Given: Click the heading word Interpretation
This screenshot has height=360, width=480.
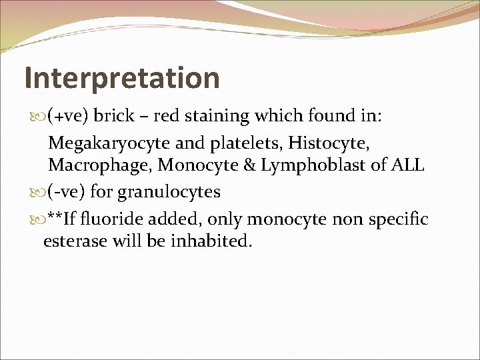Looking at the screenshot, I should (x=122, y=78).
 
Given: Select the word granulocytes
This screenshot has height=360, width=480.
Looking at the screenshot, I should (x=169, y=193).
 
